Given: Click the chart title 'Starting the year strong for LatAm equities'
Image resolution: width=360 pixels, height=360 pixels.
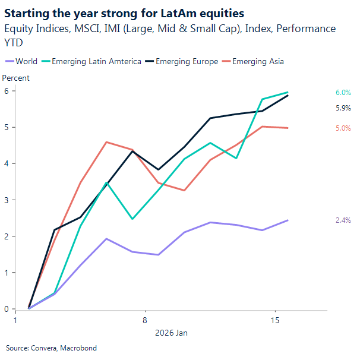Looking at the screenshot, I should coord(125,12).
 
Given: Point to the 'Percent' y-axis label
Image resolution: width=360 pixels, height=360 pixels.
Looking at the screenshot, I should coord(16,78).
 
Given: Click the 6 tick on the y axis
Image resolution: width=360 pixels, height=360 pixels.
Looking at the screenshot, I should coord(6,91).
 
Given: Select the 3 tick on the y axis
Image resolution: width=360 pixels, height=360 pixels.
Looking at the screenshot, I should coord(6,200).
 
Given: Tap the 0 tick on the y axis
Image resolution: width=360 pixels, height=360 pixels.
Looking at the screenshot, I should coord(6,309).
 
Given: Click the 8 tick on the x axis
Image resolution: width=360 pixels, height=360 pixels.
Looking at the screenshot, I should coord(145,321).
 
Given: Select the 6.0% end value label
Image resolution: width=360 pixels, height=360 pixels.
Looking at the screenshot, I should coord(343,93).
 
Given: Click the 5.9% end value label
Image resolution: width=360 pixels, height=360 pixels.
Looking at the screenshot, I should coord(343,108).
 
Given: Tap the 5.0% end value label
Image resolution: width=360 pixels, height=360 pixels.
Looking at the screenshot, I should coord(343,128).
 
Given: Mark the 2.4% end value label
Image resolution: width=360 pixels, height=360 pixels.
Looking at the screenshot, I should coord(343,220).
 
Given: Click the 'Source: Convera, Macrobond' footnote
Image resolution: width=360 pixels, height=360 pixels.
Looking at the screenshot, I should coord(51,348).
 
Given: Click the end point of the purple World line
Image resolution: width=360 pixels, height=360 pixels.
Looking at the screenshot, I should coord(288,220).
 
